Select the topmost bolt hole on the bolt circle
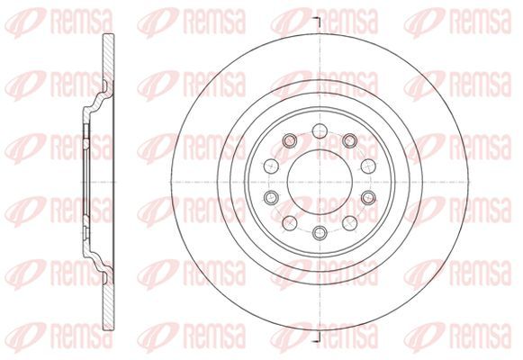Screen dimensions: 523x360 [x=320, y=130]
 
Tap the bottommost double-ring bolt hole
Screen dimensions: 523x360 [x=320, y=232]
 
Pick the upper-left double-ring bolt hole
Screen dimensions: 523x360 [x=290, y=140]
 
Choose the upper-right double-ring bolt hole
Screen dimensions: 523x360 [x=350, y=140]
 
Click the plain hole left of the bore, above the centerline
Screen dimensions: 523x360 [x=271, y=166]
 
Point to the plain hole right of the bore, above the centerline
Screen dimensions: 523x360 [x=368, y=166]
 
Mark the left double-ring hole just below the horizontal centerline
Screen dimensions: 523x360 [x=271, y=198]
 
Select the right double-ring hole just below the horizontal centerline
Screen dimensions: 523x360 [x=368, y=198]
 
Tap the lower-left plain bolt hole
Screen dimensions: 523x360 [x=290, y=223]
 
